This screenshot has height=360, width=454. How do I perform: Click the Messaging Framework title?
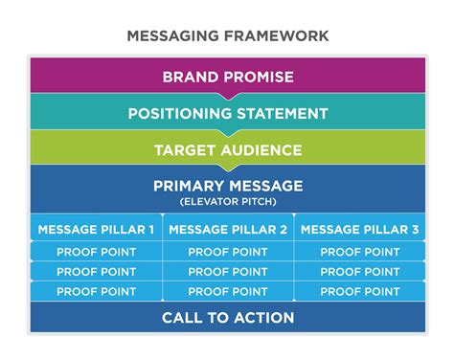pyautogui.click(x=227, y=36)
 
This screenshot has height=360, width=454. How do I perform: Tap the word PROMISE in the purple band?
pyautogui.click(x=260, y=78)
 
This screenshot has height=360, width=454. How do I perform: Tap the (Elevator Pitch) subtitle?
pyautogui.click(x=227, y=202)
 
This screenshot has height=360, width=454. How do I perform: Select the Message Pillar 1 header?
pyautogui.click(x=96, y=230)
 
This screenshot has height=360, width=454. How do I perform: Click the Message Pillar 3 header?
pyautogui.click(x=359, y=230)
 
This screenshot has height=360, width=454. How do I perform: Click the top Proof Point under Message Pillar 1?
pyautogui.click(x=96, y=252)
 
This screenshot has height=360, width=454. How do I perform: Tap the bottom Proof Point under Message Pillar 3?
pyautogui.click(x=359, y=292)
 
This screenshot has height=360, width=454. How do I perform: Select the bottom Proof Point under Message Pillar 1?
pyautogui.click(x=96, y=292)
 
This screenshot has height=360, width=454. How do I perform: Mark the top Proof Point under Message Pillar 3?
pyautogui.click(x=359, y=252)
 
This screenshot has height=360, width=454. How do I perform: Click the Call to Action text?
pyautogui.click(x=227, y=318)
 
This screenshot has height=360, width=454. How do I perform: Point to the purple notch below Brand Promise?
pyautogui.click(x=227, y=96)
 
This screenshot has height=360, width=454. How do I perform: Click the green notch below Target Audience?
pyautogui.click(x=227, y=169)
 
